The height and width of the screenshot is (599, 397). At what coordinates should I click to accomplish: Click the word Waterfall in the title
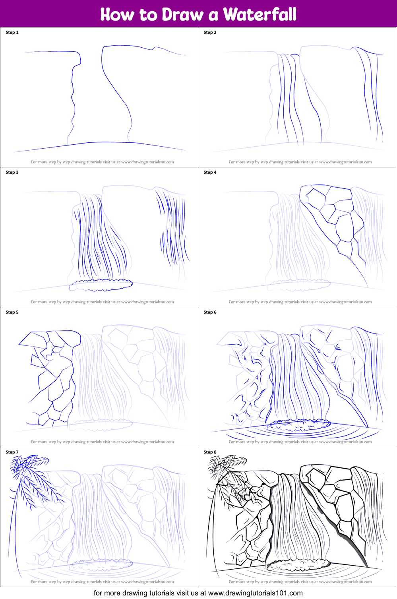[x=260, y=15]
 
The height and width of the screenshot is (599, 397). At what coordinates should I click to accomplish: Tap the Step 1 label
[x=12, y=33]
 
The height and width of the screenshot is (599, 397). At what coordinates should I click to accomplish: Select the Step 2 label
[x=210, y=33]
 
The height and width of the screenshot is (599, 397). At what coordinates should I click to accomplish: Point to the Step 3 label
[x=12, y=173]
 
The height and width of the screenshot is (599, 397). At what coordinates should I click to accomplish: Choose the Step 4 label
[x=210, y=173]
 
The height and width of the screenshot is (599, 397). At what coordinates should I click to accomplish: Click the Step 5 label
[x=12, y=312]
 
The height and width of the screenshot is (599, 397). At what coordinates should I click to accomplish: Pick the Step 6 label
[x=210, y=312]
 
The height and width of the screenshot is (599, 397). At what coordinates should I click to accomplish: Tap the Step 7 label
[x=12, y=452]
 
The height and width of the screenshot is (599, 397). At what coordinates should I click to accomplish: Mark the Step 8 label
[x=210, y=452]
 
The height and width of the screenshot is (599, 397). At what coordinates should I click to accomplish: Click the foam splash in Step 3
[x=101, y=285]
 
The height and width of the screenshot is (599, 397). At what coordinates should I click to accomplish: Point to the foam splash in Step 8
[x=298, y=564]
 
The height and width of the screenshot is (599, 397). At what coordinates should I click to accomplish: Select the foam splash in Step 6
[x=298, y=425]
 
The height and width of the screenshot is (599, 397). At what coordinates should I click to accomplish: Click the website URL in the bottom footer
[x=255, y=593]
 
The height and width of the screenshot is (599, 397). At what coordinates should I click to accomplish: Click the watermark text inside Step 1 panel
[x=102, y=162]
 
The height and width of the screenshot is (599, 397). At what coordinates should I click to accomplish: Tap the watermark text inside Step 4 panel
[x=300, y=302]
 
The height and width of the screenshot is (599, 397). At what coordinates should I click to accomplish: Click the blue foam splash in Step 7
[x=101, y=564]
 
